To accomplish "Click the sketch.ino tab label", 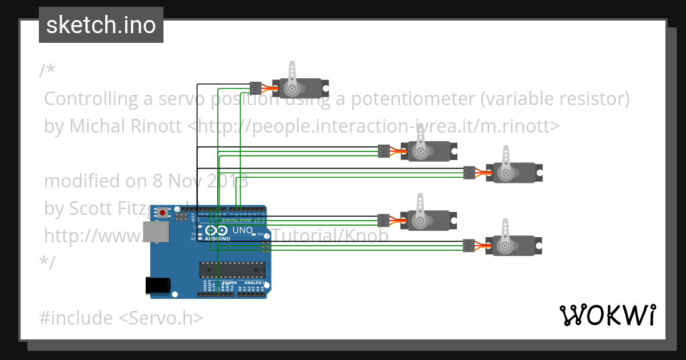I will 101,25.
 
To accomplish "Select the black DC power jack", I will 158,285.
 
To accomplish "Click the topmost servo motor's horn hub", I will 293,88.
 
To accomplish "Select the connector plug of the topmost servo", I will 256,88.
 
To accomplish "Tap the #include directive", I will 76,318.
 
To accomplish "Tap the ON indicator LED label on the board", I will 261,234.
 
